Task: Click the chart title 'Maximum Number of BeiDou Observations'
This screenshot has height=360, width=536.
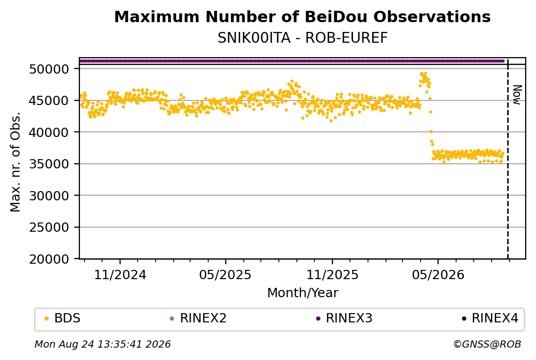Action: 302,17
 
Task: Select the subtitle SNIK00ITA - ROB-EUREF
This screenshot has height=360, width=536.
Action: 303,38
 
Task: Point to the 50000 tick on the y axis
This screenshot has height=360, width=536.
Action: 49,70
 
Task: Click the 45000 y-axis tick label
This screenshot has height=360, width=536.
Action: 49,101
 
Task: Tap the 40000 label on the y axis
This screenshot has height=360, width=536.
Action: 49,132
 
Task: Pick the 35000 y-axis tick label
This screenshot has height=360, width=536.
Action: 49,164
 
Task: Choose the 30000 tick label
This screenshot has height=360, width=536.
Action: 49,196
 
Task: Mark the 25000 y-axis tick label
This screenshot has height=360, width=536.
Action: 49,228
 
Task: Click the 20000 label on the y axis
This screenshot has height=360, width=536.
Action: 49,260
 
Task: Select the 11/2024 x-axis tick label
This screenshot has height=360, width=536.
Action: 120,275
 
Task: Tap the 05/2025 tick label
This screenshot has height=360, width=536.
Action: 225,275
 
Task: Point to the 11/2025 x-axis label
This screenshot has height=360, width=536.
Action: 332,275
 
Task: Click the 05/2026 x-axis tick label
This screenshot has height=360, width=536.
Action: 438,275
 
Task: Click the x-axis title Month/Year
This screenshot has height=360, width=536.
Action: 303,293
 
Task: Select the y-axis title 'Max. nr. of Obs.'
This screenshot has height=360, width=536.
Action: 15,162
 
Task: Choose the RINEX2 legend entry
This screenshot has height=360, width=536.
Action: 198,318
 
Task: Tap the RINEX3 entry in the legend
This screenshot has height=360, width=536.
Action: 344,318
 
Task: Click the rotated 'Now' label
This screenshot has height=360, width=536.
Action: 517,95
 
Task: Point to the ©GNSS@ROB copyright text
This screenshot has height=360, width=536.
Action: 487,344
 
